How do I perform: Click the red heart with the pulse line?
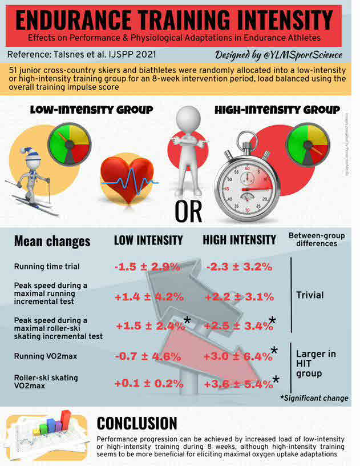point(127,179)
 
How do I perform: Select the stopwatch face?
point(248,188)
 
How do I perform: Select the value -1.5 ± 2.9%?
point(147,267)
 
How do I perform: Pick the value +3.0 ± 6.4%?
point(238,356)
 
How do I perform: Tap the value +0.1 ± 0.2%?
point(148,384)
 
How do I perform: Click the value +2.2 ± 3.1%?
point(239,296)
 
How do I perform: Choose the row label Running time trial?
point(46,267)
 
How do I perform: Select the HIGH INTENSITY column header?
point(240,240)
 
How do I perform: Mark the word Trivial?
point(310,295)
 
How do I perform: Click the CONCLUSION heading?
point(137,423)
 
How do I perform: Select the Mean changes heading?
point(52,241)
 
